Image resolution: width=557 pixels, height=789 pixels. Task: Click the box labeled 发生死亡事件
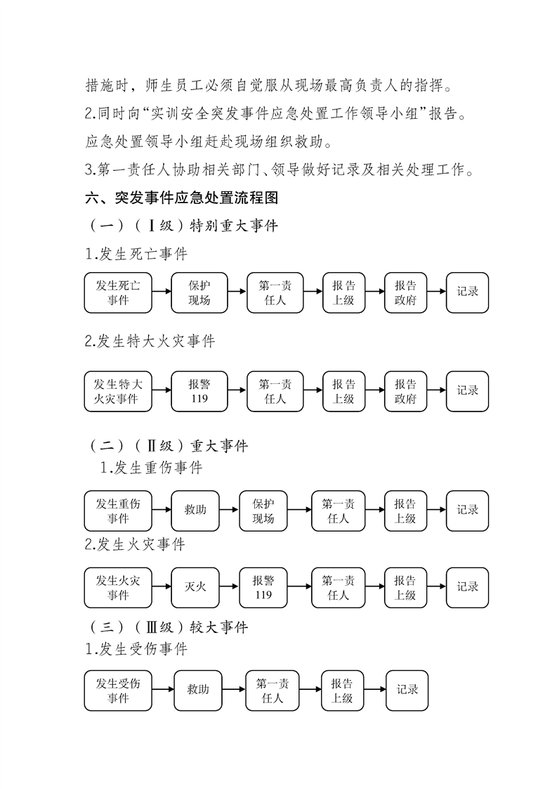coord(117,293)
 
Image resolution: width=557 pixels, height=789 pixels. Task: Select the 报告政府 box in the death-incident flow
coord(405,293)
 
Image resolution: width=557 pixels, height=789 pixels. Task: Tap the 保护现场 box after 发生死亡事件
coord(199,293)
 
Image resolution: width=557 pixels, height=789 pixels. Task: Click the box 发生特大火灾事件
coord(117,392)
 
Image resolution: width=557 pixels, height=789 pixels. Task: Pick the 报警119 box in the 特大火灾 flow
coord(199,392)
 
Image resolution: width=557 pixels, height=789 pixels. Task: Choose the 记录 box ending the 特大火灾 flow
coord(467,391)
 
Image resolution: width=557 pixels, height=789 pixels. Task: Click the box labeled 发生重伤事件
coord(117,511)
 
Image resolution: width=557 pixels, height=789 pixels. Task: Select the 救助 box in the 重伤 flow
coord(195,511)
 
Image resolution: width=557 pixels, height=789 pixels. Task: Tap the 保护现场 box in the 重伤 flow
coord(263,511)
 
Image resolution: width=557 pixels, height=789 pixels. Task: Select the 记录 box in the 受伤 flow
coord(407,691)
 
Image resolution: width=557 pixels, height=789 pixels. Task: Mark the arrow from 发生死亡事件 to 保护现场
coord(161,293)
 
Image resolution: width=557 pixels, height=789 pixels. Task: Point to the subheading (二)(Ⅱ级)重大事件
coord(168,446)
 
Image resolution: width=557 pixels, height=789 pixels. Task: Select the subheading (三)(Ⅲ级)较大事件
coord(168,627)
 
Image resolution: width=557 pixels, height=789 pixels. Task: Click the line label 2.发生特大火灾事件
coord(150,342)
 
